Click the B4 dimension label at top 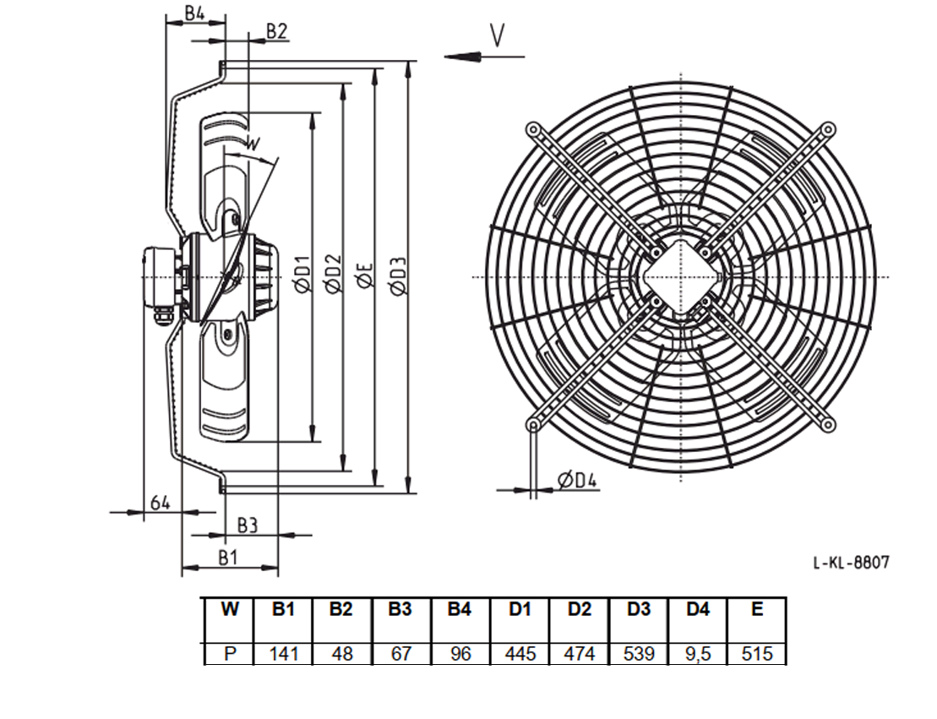point(193,14)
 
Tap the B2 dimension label point(276,31)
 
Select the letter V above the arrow point(497,35)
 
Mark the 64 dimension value point(160,503)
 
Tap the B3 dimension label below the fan point(248,526)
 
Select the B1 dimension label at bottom point(227,558)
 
